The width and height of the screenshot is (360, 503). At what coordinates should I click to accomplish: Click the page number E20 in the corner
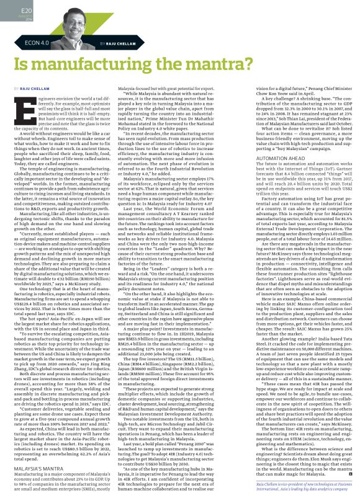coord(11,11)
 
